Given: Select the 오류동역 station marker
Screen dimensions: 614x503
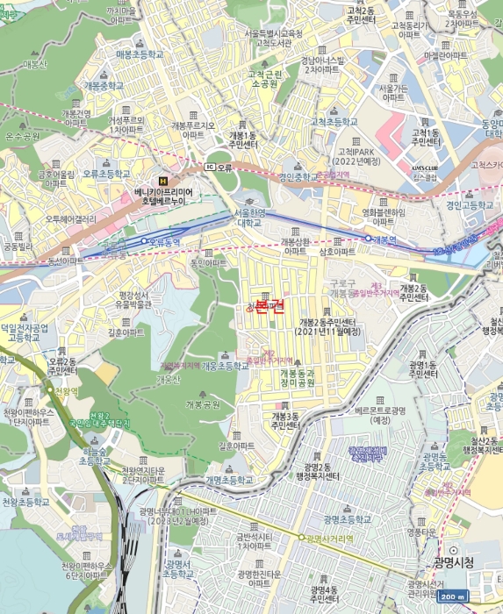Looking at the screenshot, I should pyautogui.click(x=145, y=240).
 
